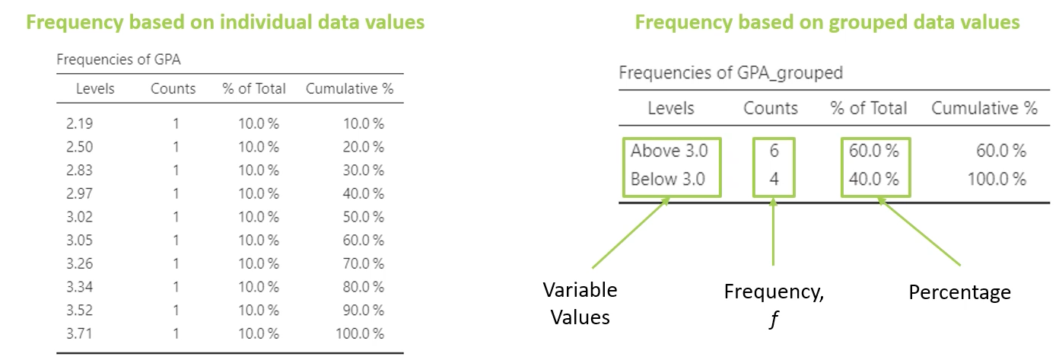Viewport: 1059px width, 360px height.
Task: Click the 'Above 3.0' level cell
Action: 669,151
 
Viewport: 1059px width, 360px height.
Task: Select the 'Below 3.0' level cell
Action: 669,180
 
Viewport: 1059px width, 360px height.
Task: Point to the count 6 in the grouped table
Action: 774,151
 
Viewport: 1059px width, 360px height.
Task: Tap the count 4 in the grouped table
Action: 774,180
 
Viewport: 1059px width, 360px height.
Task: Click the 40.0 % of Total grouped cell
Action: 874,180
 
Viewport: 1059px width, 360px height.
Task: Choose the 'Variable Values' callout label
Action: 580,303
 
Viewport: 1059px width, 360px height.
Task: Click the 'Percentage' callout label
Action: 960,292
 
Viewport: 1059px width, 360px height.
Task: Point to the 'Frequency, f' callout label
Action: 773,303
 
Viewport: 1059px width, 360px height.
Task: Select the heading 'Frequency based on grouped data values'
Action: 827,23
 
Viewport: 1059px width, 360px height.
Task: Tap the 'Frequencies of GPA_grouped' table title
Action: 731,73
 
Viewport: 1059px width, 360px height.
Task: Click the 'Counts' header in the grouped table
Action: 771,108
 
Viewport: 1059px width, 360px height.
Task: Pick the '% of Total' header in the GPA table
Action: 254,89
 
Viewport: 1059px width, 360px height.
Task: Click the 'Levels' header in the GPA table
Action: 95,89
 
